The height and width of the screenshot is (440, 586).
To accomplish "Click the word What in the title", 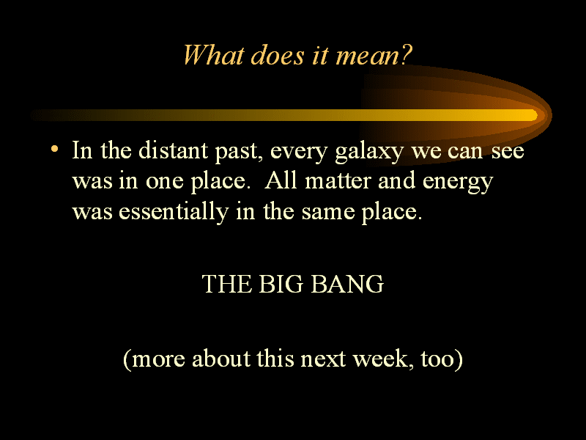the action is (x=213, y=56).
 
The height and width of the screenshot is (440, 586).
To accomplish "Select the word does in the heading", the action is (x=278, y=56).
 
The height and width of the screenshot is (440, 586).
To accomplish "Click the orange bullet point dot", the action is (x=54, y=149).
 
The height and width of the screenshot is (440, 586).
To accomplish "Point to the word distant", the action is (x=173, y=150).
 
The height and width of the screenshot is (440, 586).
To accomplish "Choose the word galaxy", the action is (x=369, y=153).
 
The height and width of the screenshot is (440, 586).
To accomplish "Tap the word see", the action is (x=508, y=152).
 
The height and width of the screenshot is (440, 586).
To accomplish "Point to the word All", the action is (x=281, y=180).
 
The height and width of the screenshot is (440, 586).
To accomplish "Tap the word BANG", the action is (x=346, y=284).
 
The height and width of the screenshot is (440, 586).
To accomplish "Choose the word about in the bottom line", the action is (x=221, y=359).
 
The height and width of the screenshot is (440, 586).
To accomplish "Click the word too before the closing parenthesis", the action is (x=437, y=359).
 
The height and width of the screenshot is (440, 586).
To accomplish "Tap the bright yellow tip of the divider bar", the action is (x=532, y=115).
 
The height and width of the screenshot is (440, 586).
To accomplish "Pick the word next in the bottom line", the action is (x=323, y=359).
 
